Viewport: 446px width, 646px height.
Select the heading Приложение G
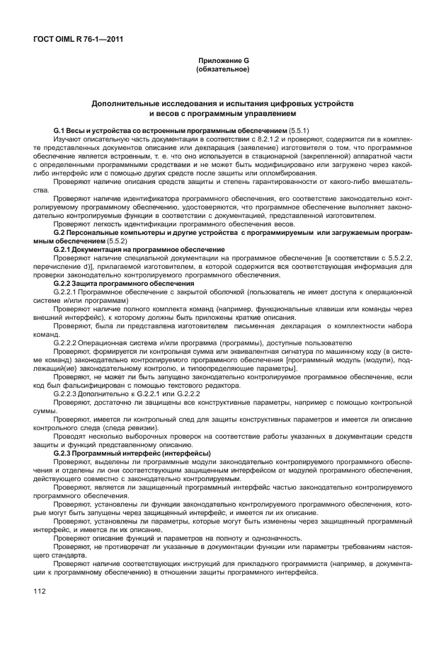222,61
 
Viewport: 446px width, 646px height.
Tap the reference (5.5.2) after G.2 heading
97,241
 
